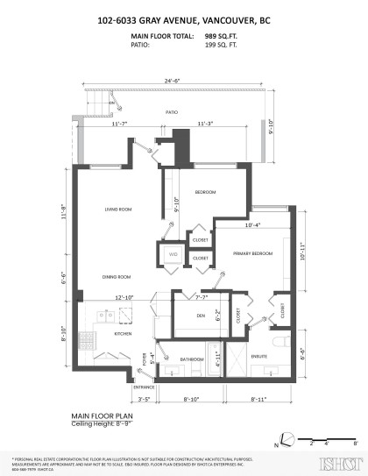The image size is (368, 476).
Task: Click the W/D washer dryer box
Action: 172,255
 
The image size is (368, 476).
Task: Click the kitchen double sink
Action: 86,315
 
